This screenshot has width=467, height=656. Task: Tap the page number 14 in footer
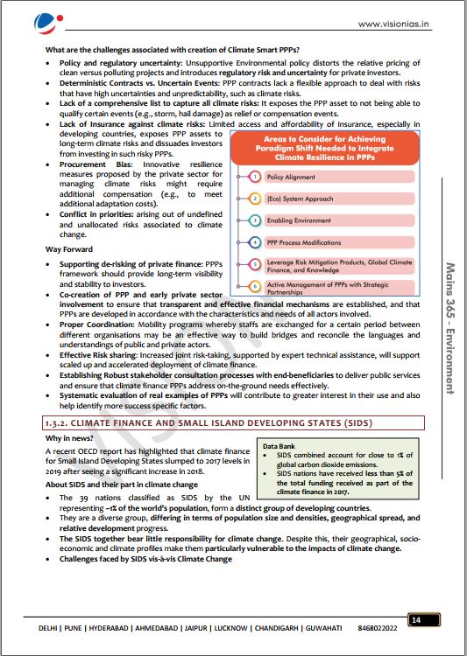(x=415, y=620)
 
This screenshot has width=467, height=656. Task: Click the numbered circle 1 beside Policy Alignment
(x=254, y=177)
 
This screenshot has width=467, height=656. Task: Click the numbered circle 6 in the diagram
(x=254, y=285)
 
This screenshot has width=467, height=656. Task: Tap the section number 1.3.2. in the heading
(x=62, y=422)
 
